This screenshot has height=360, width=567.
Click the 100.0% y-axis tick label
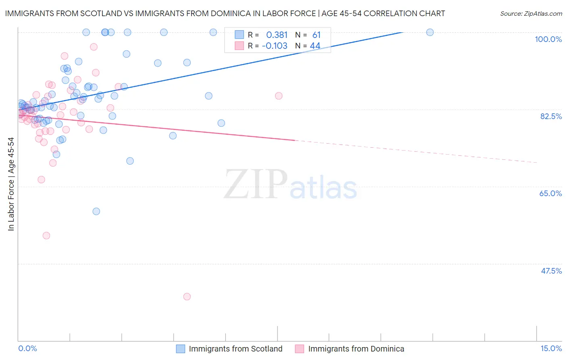(548, 39)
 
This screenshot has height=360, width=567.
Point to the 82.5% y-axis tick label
(551, 116)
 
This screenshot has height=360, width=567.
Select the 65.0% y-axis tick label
(550, 193)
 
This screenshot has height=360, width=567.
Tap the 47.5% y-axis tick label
(551, 271)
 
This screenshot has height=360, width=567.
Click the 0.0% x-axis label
(27, 348)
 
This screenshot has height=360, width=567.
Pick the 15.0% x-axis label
(551, 348)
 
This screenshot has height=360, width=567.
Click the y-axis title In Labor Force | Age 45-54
(11, 184)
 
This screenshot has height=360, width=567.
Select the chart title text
(225, 13)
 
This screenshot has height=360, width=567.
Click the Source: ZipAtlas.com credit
(531, 13)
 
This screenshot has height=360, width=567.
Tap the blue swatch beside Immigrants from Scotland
(180, 349)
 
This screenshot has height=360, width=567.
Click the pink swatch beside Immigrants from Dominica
(299, 349)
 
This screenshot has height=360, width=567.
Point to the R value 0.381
(277, 35)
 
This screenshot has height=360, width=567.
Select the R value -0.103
(275, 46)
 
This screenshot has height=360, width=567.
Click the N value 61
(316, 35)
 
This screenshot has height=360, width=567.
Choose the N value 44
(315, 46)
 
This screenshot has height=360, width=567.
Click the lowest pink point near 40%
(187, 297)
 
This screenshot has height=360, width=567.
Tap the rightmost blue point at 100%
(430, 32)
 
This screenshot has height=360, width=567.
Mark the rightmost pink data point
(279, 96)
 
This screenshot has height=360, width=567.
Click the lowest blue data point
(96, 211)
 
